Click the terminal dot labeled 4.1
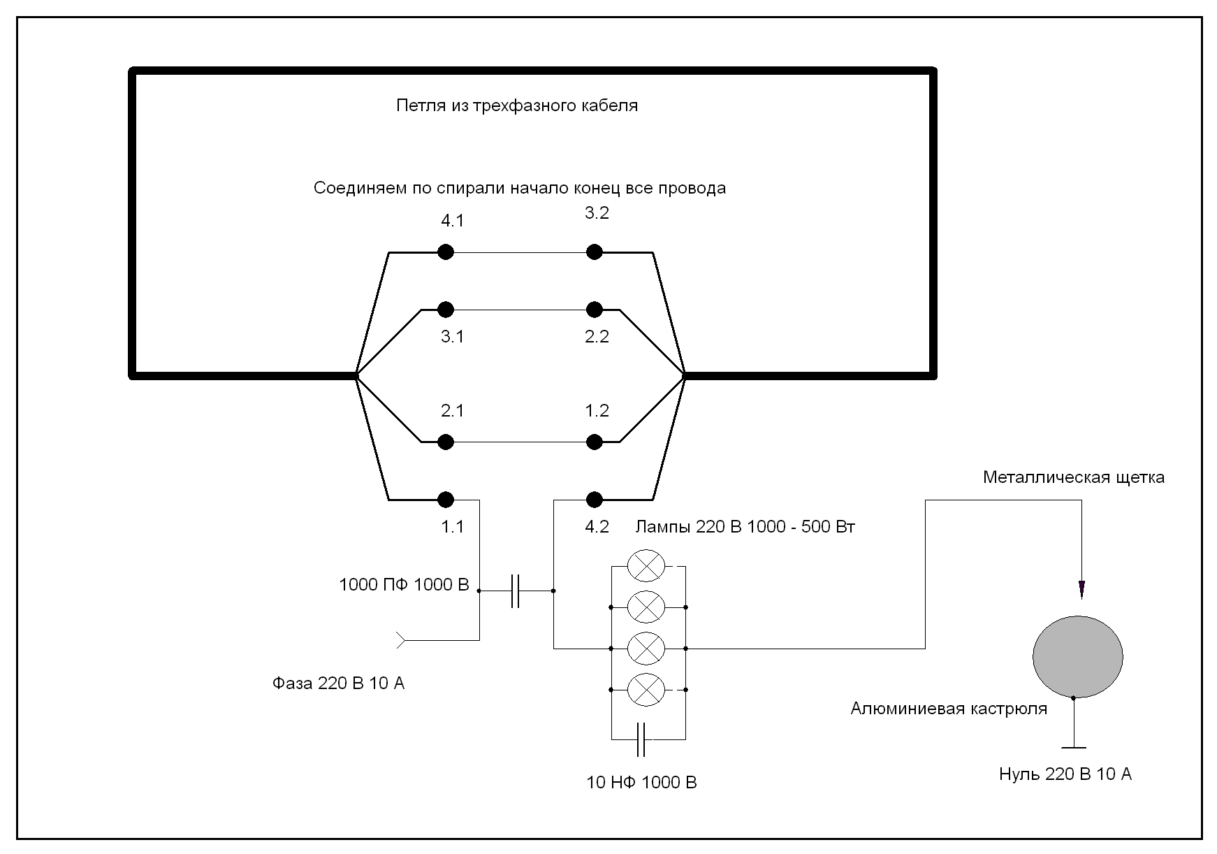coord(446,252)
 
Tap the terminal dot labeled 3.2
coord(594,252)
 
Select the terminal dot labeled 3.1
coord(446,309)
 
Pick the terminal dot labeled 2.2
coord(594,309)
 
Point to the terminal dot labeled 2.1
coord(446,442)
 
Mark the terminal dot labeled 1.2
coord(594,442)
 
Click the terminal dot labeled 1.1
coord(446,499)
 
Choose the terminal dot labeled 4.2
coord(594,499)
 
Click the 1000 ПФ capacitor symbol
coord(516,591)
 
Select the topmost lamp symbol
coord(646,565)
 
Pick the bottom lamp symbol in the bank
coord(646,690)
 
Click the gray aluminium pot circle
coord(1077,656)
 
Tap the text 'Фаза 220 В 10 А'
coord(338,683)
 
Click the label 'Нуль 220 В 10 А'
coord(1065,774)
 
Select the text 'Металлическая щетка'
coord(1073,478)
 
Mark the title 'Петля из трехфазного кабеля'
coord(517,106)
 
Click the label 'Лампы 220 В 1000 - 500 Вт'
coord(745,527)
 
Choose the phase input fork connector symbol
coord(402,639)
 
